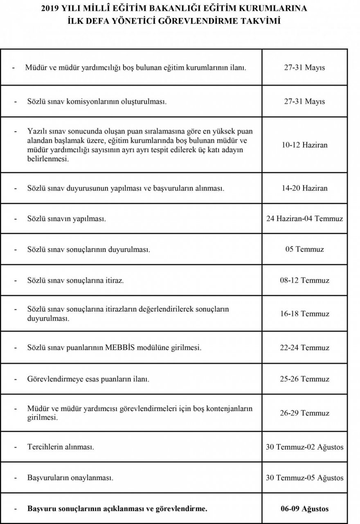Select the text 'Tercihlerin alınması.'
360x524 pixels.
pos(61,447)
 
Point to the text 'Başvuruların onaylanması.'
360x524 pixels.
pos(70,478)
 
